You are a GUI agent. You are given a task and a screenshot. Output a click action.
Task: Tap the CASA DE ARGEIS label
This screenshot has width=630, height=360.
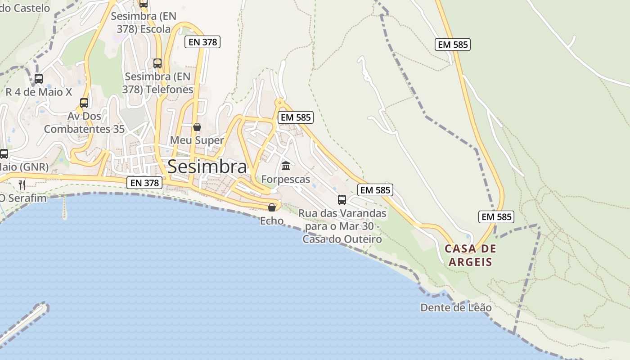click(470, 255)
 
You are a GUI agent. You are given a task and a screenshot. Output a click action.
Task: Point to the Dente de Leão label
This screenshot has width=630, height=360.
click(456, 308)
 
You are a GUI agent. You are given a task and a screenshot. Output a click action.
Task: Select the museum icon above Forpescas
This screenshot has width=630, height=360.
click(286, 166)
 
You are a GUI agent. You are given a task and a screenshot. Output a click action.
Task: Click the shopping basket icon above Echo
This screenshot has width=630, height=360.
click(272, 207)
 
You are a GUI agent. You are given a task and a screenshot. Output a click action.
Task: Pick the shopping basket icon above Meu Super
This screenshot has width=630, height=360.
click(197, 127)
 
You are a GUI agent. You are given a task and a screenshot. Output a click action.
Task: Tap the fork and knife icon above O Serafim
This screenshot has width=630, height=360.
click(22, 184)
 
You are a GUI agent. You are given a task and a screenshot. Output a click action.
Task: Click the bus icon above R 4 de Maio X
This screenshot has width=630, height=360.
click(39, 79)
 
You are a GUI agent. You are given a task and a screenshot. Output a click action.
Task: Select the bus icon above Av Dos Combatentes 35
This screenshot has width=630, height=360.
click(84, 103)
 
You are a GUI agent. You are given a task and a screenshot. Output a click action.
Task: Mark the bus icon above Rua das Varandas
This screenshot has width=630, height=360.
click(342, 199)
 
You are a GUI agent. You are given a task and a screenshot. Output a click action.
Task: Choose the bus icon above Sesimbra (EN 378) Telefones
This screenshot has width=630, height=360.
click(157, 63)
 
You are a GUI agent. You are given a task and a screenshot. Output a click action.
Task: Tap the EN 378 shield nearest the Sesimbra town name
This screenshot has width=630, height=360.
click(144, 183)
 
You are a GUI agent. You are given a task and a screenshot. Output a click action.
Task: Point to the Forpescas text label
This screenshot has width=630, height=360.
click(286, 180)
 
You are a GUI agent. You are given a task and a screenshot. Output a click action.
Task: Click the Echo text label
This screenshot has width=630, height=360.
click(272, 221)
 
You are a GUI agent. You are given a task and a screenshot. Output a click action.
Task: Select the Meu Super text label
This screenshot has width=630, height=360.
click(197, 140)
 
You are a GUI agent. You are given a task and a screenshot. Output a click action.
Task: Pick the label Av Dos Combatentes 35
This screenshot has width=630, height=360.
click(84, 122)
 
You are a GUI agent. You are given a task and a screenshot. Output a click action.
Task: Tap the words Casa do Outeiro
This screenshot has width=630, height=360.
click(342, 239)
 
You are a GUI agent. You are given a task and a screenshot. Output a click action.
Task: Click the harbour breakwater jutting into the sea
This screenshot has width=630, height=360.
click(22, 322)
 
